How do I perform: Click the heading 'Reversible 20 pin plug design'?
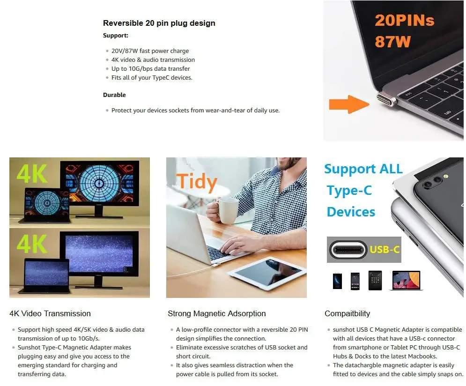click(x=159, y=23)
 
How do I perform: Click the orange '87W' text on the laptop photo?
click(x=392, y=42)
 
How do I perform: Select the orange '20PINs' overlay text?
click(x=404, y=21)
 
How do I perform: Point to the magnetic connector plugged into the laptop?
click(x=386, y=99)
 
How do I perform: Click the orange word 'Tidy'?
click(x=197, y=182)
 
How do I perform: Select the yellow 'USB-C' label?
click(x=385, y=249)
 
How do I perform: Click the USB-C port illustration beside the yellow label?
click(x=347, y=249)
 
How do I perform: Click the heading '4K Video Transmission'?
click(x=50, y=313)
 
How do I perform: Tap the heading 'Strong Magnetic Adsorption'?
click(x=216, y=313)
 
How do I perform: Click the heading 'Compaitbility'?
click(x=347, y=313)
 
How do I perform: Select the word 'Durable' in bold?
click(x=114, y=95)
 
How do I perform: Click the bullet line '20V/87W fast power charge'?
click(x=150, y=51)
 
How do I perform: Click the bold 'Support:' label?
click(x=115, y=35)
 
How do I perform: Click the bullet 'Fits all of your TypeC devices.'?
click(x=152, y=77)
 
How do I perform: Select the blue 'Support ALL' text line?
click(x=363, y=169)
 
